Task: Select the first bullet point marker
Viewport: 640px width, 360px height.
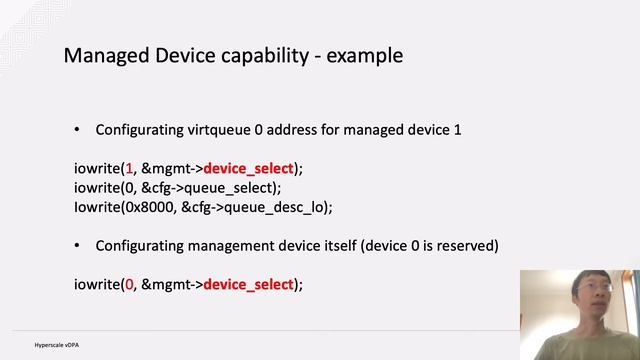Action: coord(78,130)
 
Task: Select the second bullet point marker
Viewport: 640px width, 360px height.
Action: coord(78,246)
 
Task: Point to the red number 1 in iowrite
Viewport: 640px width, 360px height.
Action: coord(130,169)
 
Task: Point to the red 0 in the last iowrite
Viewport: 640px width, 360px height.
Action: coord(130,284)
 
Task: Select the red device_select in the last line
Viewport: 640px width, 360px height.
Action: coord(249,284)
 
